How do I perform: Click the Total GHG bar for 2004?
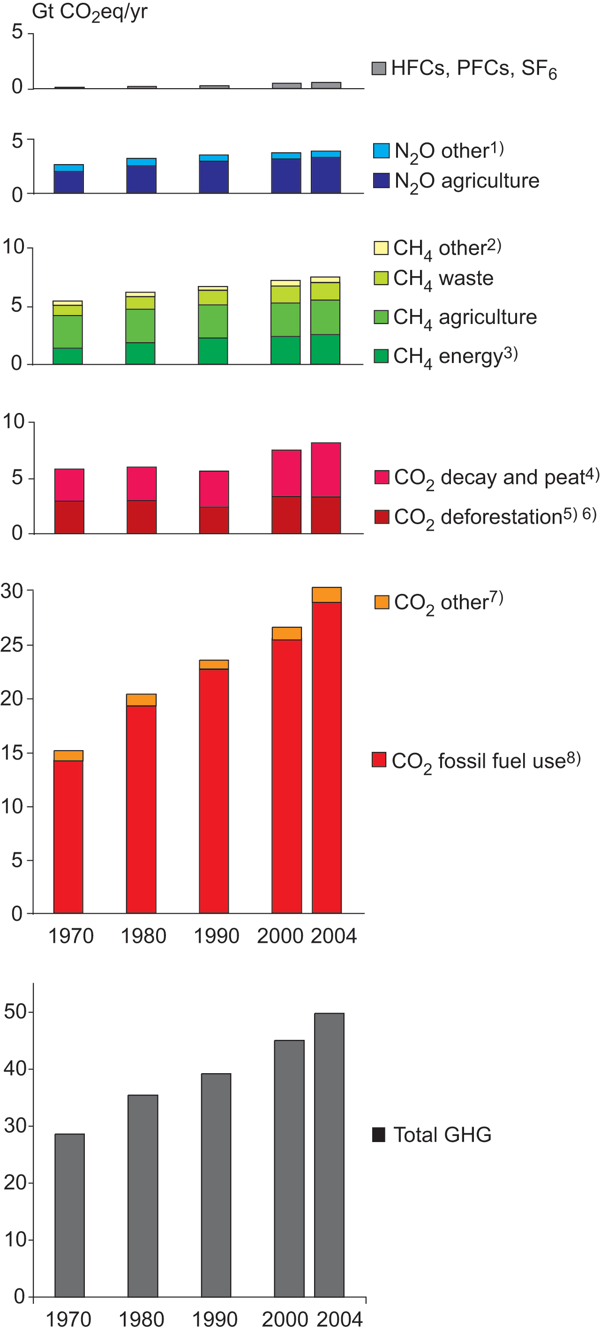[x=329, y=1155]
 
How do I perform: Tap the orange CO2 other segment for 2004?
[x=327, y=595]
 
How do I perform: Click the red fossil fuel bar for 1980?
[x=141, y=809]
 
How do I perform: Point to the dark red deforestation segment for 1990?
[x=214, y=520]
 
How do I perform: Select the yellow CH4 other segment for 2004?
[x=325, y=279]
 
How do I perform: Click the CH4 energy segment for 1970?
[x=67, y=356]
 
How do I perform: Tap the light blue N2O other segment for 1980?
[x=141, y=162]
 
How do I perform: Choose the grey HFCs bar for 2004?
[x=326, y=85]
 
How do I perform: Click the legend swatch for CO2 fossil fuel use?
[x=379, y=759]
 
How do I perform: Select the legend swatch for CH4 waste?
[x=381, y=278]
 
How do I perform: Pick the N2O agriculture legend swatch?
[x=381, y=180]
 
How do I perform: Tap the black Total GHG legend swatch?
[x=379, y=1135]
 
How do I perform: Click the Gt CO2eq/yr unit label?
[x=90, y=11]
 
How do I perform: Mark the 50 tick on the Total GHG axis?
[x=15, y=1012]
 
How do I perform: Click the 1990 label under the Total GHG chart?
[x=215, y=1319]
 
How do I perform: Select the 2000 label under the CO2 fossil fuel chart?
[x=279, y=936]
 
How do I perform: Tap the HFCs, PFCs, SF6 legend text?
[x=473, y=68]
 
